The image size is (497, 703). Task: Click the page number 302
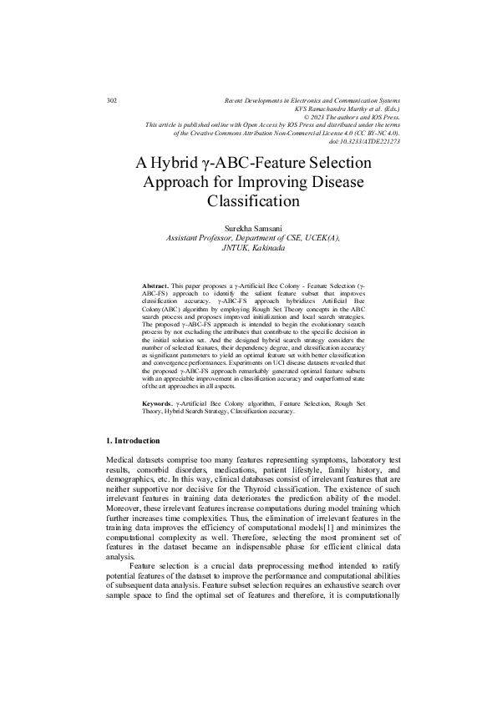(113, 100)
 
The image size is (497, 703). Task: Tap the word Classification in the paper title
(252, 201)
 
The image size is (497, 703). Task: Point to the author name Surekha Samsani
(252, 228)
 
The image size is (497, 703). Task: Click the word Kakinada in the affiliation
(266, 248)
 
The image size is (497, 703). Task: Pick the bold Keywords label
(158, 403)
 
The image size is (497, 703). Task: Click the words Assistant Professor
(201, 238)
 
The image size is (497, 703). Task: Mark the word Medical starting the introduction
(123, 461)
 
